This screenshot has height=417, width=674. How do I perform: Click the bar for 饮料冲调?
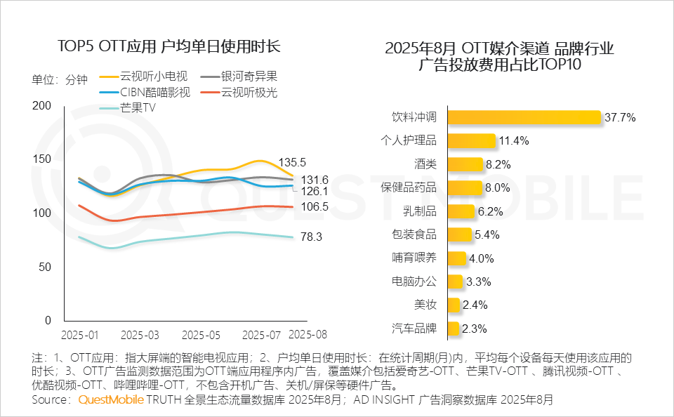[524, 117]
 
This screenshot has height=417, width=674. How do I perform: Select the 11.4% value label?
[514, 140]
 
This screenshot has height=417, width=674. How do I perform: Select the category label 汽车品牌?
[414, 328]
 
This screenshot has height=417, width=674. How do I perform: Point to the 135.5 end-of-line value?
[292, 162]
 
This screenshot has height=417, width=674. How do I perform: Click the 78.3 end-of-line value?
[311, 237]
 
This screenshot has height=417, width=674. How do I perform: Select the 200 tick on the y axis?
[43, 105]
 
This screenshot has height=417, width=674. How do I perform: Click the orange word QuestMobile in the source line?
[111, 399]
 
